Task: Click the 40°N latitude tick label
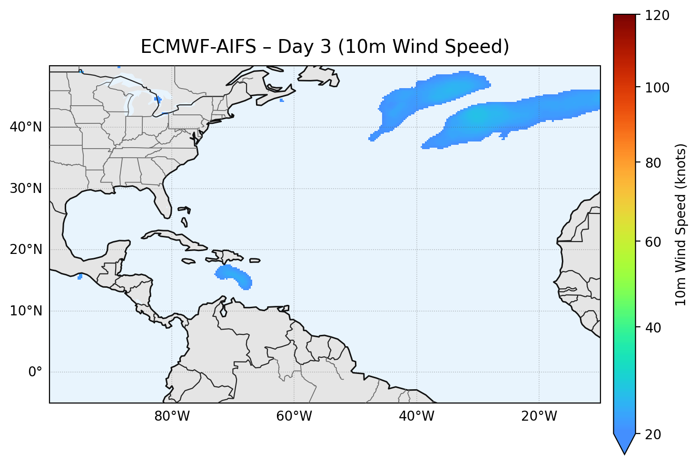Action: click(x=26, y=127)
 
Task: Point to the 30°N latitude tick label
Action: click(x=26, y=189)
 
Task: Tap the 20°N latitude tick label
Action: click(x=26, y=250)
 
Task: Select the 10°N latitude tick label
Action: click(x=26, y=311)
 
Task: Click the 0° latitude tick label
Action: click(x=35, y=372)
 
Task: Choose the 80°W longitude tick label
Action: click(x=172, y=416)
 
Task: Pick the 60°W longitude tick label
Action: click(x=294, y=416)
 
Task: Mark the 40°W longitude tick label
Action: click(x=416, y=416)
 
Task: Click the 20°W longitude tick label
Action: click(x=539, y=416)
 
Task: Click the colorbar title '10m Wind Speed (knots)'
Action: click(x=681, y=225)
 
